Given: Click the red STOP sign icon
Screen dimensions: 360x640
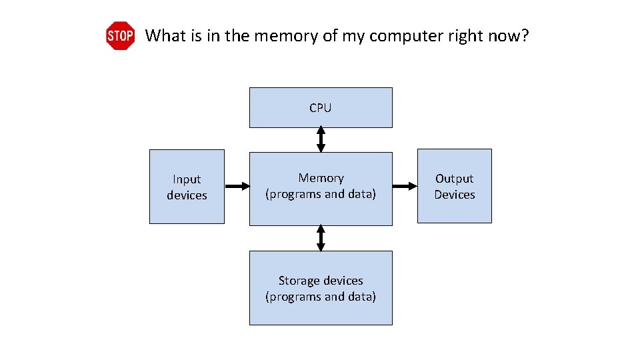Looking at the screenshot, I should (120, 36).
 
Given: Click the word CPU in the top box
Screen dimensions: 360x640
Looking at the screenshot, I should (320, 108).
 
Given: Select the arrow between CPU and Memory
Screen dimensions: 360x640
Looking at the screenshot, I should (321, 140).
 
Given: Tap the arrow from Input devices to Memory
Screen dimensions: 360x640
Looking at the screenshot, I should (237, 187).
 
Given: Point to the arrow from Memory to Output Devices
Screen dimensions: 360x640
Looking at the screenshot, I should (404, 187).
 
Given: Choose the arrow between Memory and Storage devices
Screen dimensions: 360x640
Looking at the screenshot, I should (321, 238).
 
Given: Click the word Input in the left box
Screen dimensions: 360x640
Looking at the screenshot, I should (187, 179).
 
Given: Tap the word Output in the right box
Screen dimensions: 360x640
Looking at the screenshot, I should (454, 179).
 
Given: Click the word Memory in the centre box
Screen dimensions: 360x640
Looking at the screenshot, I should (321, 178).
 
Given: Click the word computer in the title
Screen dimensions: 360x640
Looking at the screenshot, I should (401, 36).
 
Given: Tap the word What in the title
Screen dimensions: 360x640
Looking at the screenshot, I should (165, 35).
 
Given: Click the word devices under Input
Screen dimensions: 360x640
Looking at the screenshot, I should (187, 195).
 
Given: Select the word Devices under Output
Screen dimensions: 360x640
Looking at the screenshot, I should (455, 195).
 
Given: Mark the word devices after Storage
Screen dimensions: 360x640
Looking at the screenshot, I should (345, 281).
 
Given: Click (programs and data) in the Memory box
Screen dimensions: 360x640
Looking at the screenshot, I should (321, 195).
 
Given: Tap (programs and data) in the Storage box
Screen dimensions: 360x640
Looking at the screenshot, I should (321, 297).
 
